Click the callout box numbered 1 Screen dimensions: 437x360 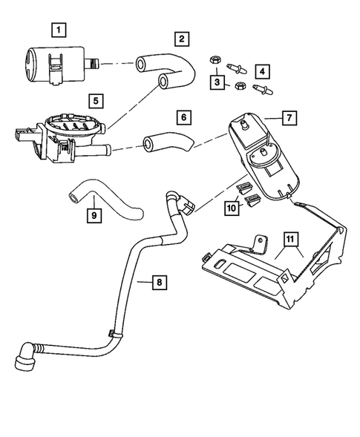click(56, 30)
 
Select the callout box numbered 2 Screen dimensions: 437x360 click(182, 38)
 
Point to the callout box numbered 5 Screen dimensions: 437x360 click(94, 99)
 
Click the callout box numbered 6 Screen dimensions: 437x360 click(183, 117)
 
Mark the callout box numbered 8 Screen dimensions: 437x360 click(157, 282)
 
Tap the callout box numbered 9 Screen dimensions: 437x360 click(94, 216)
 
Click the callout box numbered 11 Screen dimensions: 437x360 click(289, 239)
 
